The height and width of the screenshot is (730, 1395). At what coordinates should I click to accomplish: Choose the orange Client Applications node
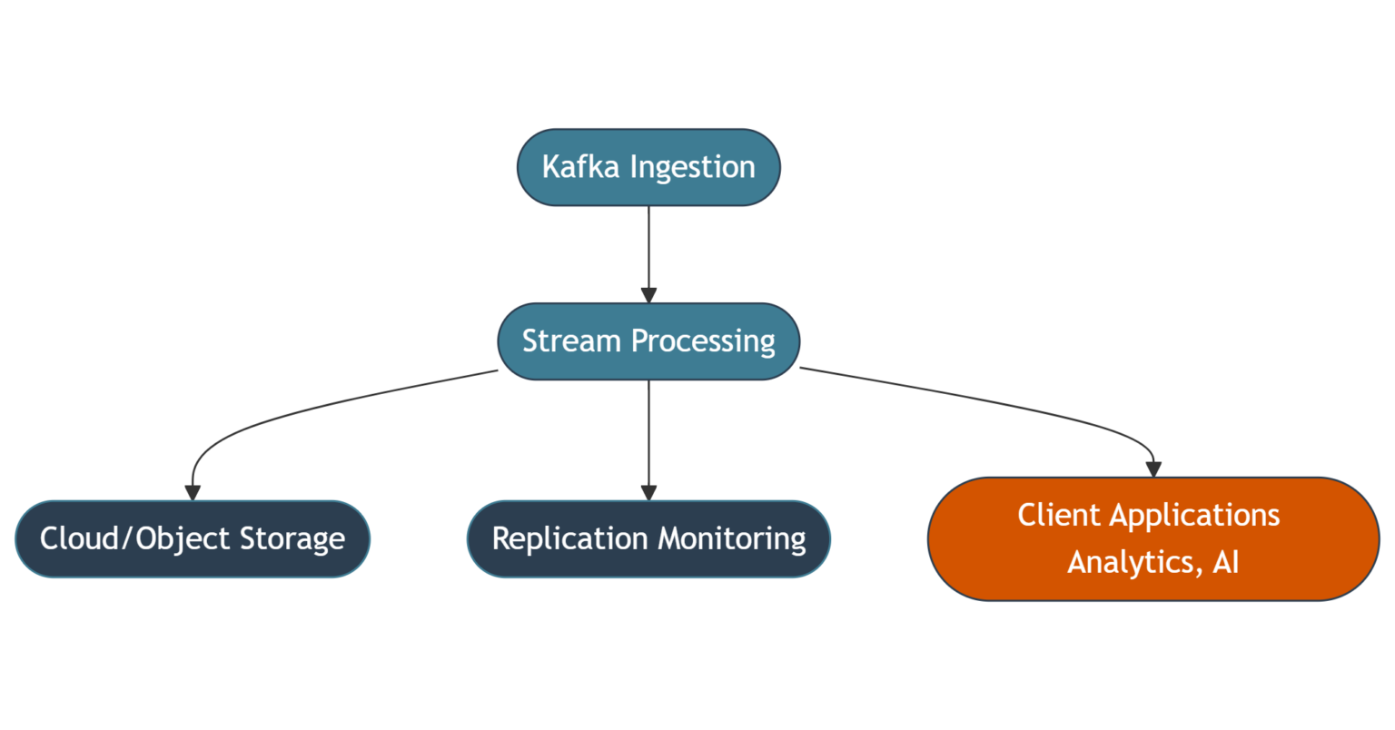tap(1153, 538)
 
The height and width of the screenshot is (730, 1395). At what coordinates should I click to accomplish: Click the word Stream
tap(572, 341)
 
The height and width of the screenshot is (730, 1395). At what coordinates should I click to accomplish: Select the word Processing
tap(703, 341)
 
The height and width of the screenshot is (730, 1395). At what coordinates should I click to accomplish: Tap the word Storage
tap(292, 538)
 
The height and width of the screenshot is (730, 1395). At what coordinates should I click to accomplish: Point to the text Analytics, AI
tap(1153, 562)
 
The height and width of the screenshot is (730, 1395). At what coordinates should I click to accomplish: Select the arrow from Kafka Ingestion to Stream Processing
tap(648, 245)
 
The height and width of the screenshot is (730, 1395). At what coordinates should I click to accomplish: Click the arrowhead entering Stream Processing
tap(648, 296)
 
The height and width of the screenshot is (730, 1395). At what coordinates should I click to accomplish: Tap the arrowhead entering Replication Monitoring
tap(648, 493)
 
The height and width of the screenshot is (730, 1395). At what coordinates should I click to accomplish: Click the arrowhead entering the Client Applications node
tap(1153, 469)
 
